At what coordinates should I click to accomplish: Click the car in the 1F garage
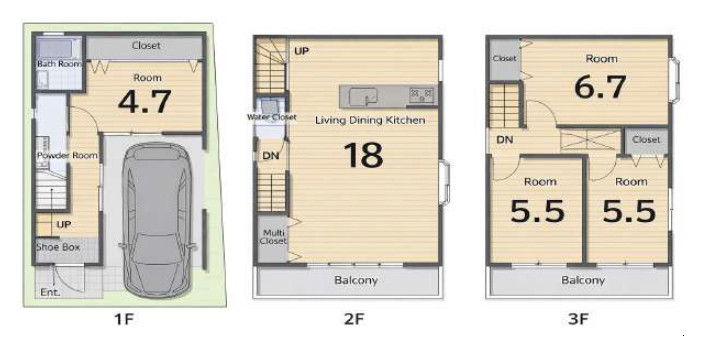[x=156, y=220]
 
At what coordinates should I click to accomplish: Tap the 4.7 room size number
[x=144, y=102]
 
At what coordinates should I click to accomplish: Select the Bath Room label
[x=59, y=64]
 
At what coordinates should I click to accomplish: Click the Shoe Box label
[x=58, y=247]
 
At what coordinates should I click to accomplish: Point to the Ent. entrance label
[x=50, y=292]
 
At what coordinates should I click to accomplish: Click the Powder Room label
[x=67, y=156]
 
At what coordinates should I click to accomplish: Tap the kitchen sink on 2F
[x=363, y=96]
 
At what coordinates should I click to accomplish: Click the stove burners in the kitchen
[x=421, y=95]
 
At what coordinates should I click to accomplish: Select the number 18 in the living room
[x=364, y=155]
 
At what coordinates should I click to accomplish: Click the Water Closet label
[x=272, y=117]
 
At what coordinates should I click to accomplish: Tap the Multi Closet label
[x=273, y=237]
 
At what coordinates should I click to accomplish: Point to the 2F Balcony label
[x=356, y=280]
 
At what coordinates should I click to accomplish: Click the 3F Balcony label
[x=583, y=280]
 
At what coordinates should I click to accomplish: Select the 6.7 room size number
[x=600, y=87]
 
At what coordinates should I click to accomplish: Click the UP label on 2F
[x=301, y=51]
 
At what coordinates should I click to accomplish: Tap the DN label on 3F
[x=505, y=140]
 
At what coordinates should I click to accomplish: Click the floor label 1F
[x=123, y=319]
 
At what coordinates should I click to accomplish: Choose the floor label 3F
[x=578, y=319]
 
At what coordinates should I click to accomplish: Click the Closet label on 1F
[x=146, y=45]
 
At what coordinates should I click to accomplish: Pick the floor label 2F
[x=354, y=319]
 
